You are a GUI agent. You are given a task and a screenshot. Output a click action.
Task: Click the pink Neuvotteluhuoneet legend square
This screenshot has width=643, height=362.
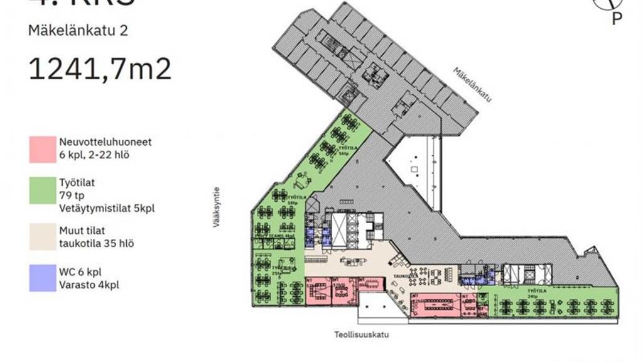42,149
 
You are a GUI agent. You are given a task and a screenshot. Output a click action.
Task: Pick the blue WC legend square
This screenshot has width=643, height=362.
42,278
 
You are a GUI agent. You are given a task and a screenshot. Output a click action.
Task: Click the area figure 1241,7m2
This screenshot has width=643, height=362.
100,69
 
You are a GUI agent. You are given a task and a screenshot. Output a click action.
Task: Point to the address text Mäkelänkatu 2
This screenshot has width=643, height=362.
78,30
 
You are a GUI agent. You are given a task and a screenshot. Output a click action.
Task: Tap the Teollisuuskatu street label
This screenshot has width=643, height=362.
361,335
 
